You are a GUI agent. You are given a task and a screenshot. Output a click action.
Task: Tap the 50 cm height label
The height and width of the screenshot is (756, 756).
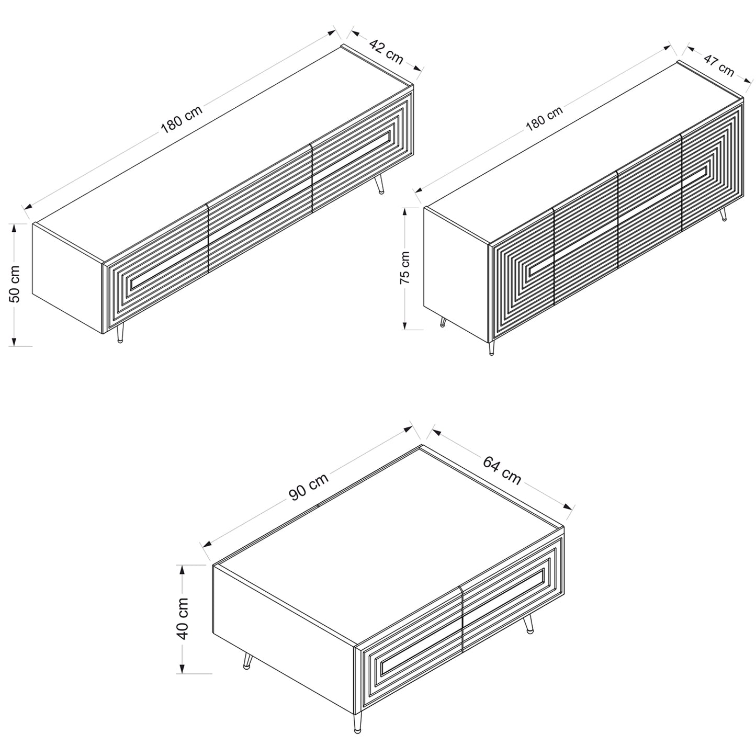(x=15, y=284)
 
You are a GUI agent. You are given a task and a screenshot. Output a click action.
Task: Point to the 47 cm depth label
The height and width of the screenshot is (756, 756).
(x=719, y=65)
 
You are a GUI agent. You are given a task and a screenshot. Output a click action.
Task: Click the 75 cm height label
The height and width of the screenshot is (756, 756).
(x=405, y=267)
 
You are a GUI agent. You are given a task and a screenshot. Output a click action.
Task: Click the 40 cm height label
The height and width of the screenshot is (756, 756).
(x=183, y=619)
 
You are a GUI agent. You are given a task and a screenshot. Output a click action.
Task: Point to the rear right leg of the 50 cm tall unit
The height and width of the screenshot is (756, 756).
(x=379, y=185)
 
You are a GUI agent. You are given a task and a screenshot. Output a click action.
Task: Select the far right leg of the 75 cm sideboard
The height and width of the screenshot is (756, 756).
(x=723, y=214)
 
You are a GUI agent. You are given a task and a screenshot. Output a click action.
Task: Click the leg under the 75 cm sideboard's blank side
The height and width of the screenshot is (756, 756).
(x=443, y=321)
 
